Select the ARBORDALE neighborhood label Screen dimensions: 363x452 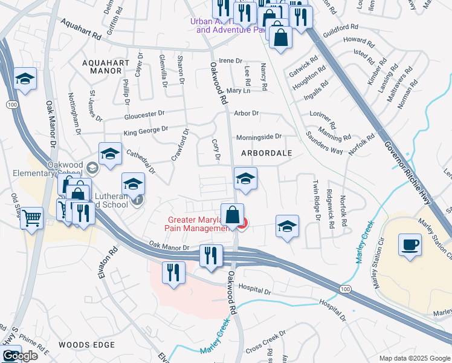coord(266,153)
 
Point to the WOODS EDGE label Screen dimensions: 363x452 coord(86,345)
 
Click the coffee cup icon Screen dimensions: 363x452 coord(410,244)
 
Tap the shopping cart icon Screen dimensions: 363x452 coord(32,218)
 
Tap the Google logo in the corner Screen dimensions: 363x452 coord(20,356)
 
